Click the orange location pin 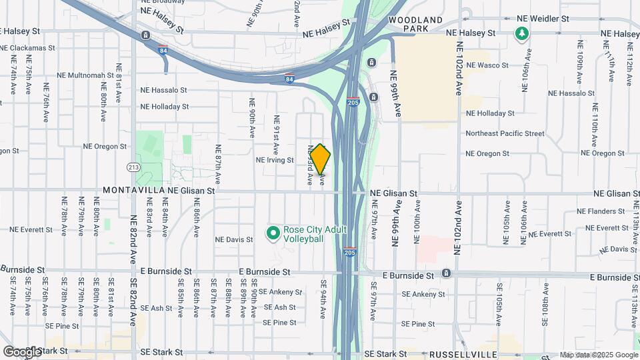coord(321,159)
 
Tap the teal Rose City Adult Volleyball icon coord(272,233)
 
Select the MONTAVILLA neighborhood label coord(129,191)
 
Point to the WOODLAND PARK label coord(415,25)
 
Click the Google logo coord(21,351)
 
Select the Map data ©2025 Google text coord(598,355)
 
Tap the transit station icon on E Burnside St coord(446,273)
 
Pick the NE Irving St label coord(275,160)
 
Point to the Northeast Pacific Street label coord(505,133)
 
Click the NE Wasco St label coord(487,65)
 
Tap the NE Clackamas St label coord(28,48)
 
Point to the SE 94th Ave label coord(323,299)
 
